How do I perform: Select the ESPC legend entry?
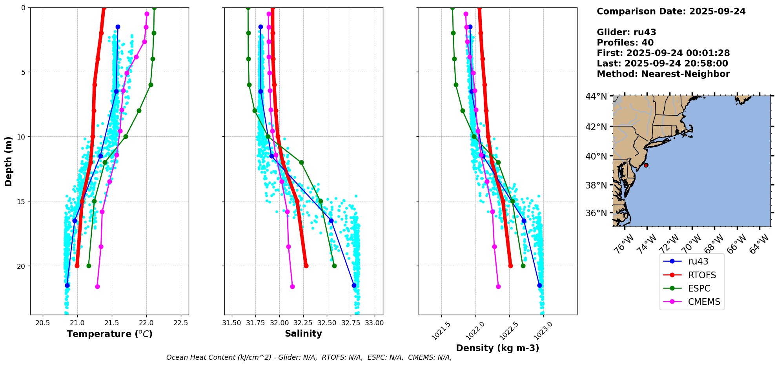(699, 288)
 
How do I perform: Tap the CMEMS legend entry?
(704, 302)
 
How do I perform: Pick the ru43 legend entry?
(698, 261)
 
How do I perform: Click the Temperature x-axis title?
(109, 334)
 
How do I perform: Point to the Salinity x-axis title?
(303, 333)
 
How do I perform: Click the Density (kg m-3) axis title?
(497, 348)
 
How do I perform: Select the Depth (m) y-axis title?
(9, 161)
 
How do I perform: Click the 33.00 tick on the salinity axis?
(375, 323)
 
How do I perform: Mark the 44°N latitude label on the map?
(596, 96)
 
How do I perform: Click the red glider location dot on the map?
(646, 165)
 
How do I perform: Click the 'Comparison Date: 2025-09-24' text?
(671, 11)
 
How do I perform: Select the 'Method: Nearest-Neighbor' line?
(663, 74)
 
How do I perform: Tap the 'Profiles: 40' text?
(625, 43)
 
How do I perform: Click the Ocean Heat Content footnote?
(309, 357)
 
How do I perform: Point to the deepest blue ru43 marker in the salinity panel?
(354, 285)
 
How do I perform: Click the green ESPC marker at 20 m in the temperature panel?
(89, 266)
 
